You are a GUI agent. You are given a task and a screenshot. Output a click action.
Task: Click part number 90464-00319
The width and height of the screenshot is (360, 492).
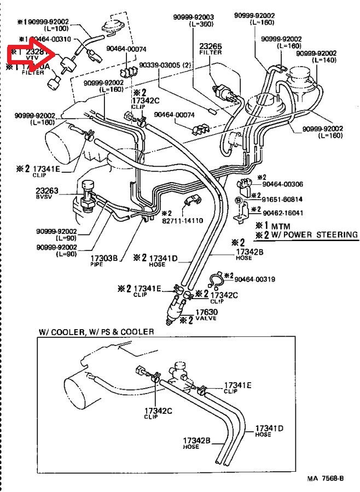tap(255, 279)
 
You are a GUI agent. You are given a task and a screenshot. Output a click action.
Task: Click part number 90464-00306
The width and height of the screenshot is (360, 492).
tap(277, 185)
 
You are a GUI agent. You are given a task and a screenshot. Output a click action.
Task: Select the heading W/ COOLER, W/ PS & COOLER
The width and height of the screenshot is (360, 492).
tap(96, 332)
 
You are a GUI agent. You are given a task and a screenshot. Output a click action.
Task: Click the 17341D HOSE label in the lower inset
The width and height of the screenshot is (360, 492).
tap(269, 431)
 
